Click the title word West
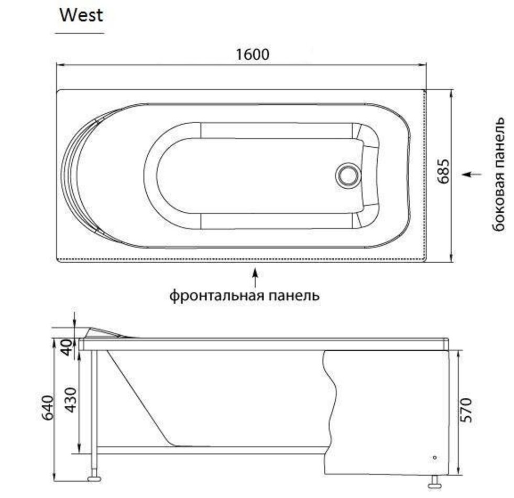click(x=81, y=15)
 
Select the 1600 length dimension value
click(x=253, y=55)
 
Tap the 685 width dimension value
click(x=443, y=171)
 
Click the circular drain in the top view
click(x=347, y=175)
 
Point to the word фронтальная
click(x=217, y=296)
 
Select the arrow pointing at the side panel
click(x=472, y=174)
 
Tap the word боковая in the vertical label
click(x=499, y=201)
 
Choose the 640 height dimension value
click(x=48, y=408)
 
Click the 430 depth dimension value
click(x=71, y=400)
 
